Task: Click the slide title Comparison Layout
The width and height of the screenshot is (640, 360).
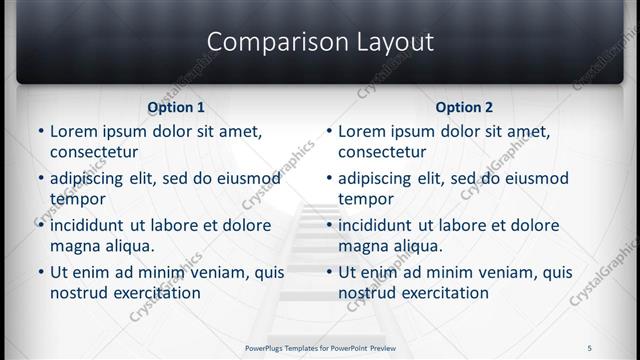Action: point(320,41)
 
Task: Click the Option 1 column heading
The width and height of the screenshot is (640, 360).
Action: point(176,107)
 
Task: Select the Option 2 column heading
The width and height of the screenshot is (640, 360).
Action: point(464,107)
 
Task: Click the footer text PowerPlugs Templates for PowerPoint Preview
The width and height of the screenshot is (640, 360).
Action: point(320,348)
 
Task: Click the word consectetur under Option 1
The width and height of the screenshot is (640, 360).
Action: point(94,152)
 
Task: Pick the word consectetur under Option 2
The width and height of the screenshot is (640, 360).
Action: point(382,152)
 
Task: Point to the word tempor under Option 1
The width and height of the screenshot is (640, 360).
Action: point(76,199)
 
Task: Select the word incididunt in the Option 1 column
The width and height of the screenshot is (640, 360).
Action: point(93,225)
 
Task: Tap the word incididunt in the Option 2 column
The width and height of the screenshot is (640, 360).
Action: point(381,225)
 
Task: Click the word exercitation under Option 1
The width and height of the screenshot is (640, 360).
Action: point(151,293)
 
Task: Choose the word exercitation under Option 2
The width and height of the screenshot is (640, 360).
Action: point(439,293)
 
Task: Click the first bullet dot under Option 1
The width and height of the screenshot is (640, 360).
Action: point(40,131)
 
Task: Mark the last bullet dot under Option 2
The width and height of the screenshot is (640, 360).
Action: point(328,272)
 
